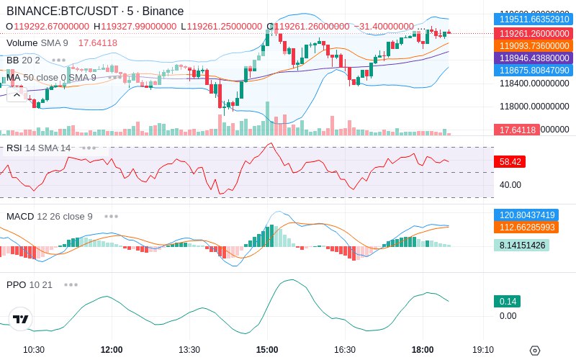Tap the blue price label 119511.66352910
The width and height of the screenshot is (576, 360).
pos(534,19)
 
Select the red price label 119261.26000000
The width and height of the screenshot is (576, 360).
pos(534,33)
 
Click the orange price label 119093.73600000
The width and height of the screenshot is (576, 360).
pos(534,45)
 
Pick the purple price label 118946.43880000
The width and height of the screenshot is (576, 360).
pos(534,58)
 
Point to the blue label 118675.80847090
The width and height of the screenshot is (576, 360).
pos(534,71)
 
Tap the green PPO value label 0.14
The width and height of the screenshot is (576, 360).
pos(507,302)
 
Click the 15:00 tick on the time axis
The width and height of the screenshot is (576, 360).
pos(267,350)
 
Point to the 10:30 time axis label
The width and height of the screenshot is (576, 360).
pos(34,350)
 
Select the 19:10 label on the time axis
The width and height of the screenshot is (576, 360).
pos(482,350)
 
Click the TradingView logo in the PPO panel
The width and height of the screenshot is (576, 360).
pos(20,319)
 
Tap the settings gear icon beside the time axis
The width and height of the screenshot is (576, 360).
pos(534,351)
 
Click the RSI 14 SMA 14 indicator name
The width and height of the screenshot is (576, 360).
pos(39,148)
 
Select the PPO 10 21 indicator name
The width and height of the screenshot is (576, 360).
pos(30,284)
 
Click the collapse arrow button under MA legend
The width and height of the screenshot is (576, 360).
pos(14,95)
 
